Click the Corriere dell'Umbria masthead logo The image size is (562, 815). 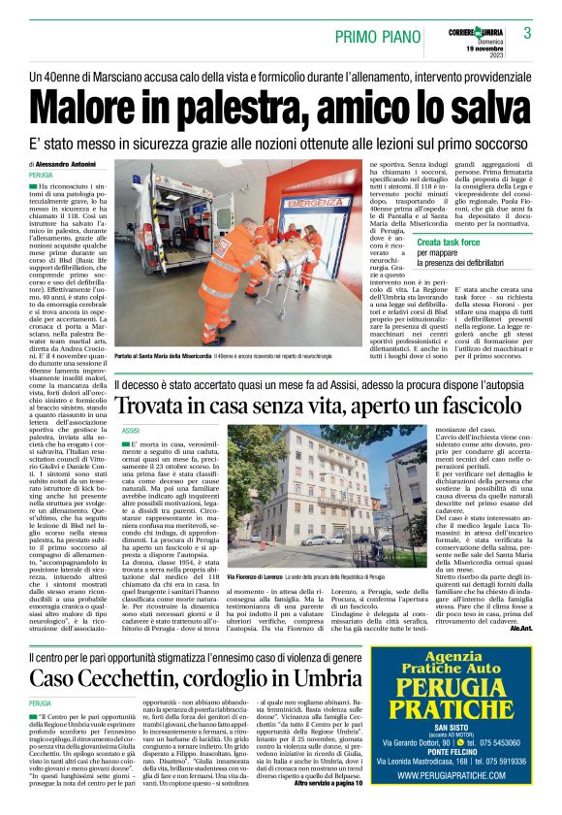tap(470, 30)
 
